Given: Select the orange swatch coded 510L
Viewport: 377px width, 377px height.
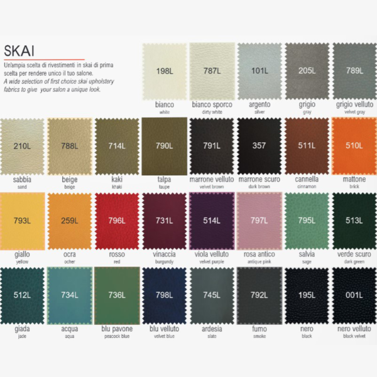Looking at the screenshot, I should click(354, 146).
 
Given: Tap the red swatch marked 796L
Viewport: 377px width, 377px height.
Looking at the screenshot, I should click(117, 221).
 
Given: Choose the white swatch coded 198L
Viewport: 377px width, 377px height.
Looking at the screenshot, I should click(165, 70).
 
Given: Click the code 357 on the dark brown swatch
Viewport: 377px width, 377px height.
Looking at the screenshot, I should click(260, 146).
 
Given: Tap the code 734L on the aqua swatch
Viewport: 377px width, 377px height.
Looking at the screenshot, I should click(69, 295).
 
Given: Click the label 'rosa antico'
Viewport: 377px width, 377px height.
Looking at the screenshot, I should click(259, 254).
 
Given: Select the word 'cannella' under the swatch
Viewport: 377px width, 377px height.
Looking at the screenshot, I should click(307, 179).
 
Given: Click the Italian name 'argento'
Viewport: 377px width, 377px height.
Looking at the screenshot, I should click(259, 104).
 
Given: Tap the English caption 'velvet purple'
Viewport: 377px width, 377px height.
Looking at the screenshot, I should click(212, 261).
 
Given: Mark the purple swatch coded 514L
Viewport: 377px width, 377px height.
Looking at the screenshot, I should click(212, 221).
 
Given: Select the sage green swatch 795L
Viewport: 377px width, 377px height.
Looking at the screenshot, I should click(307, 221).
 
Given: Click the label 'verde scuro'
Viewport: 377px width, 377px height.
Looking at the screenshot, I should click(354, 254).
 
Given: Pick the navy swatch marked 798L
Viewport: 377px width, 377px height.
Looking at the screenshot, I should click(165, 295).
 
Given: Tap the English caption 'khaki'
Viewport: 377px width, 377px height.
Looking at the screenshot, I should click(117, 187).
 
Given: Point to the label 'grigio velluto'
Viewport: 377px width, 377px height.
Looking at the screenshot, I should click(354, 104).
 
